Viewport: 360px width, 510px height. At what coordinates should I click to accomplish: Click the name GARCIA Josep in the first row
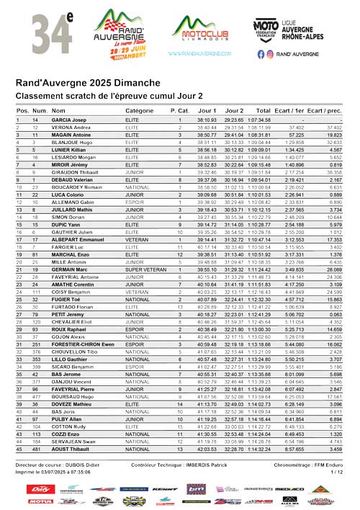pos(69,120)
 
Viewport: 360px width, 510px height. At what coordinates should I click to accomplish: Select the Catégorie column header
pos(140,110)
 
